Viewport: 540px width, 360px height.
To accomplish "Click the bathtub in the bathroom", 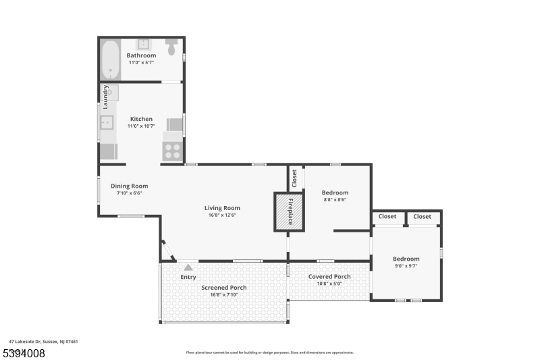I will tap(110, 59).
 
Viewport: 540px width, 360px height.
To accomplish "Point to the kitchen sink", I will tap(107, 122).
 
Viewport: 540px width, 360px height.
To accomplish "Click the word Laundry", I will tap(105, 97).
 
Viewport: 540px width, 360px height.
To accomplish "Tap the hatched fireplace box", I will tap(288, 211).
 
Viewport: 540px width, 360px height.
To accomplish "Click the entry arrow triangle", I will tap(188, 267).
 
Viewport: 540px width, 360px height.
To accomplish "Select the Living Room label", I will tap(222, 208).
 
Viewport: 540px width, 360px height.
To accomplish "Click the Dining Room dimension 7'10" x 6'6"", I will tap(129, 193).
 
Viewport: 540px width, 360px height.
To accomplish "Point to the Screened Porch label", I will tap(224, 288).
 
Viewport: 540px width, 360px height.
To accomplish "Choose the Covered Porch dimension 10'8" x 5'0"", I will tap(329, 284).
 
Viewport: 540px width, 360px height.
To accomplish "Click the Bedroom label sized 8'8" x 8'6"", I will tap(335, 192).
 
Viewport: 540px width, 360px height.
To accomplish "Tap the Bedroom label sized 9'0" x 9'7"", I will tap(406, 259).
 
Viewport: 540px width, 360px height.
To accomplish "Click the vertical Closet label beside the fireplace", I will tap(294, 178).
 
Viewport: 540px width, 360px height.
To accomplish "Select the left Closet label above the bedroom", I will tap(387, 217).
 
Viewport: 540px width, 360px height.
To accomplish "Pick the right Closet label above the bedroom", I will tap(423, 217).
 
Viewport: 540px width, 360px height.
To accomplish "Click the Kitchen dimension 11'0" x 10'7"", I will tap(142, 126).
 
